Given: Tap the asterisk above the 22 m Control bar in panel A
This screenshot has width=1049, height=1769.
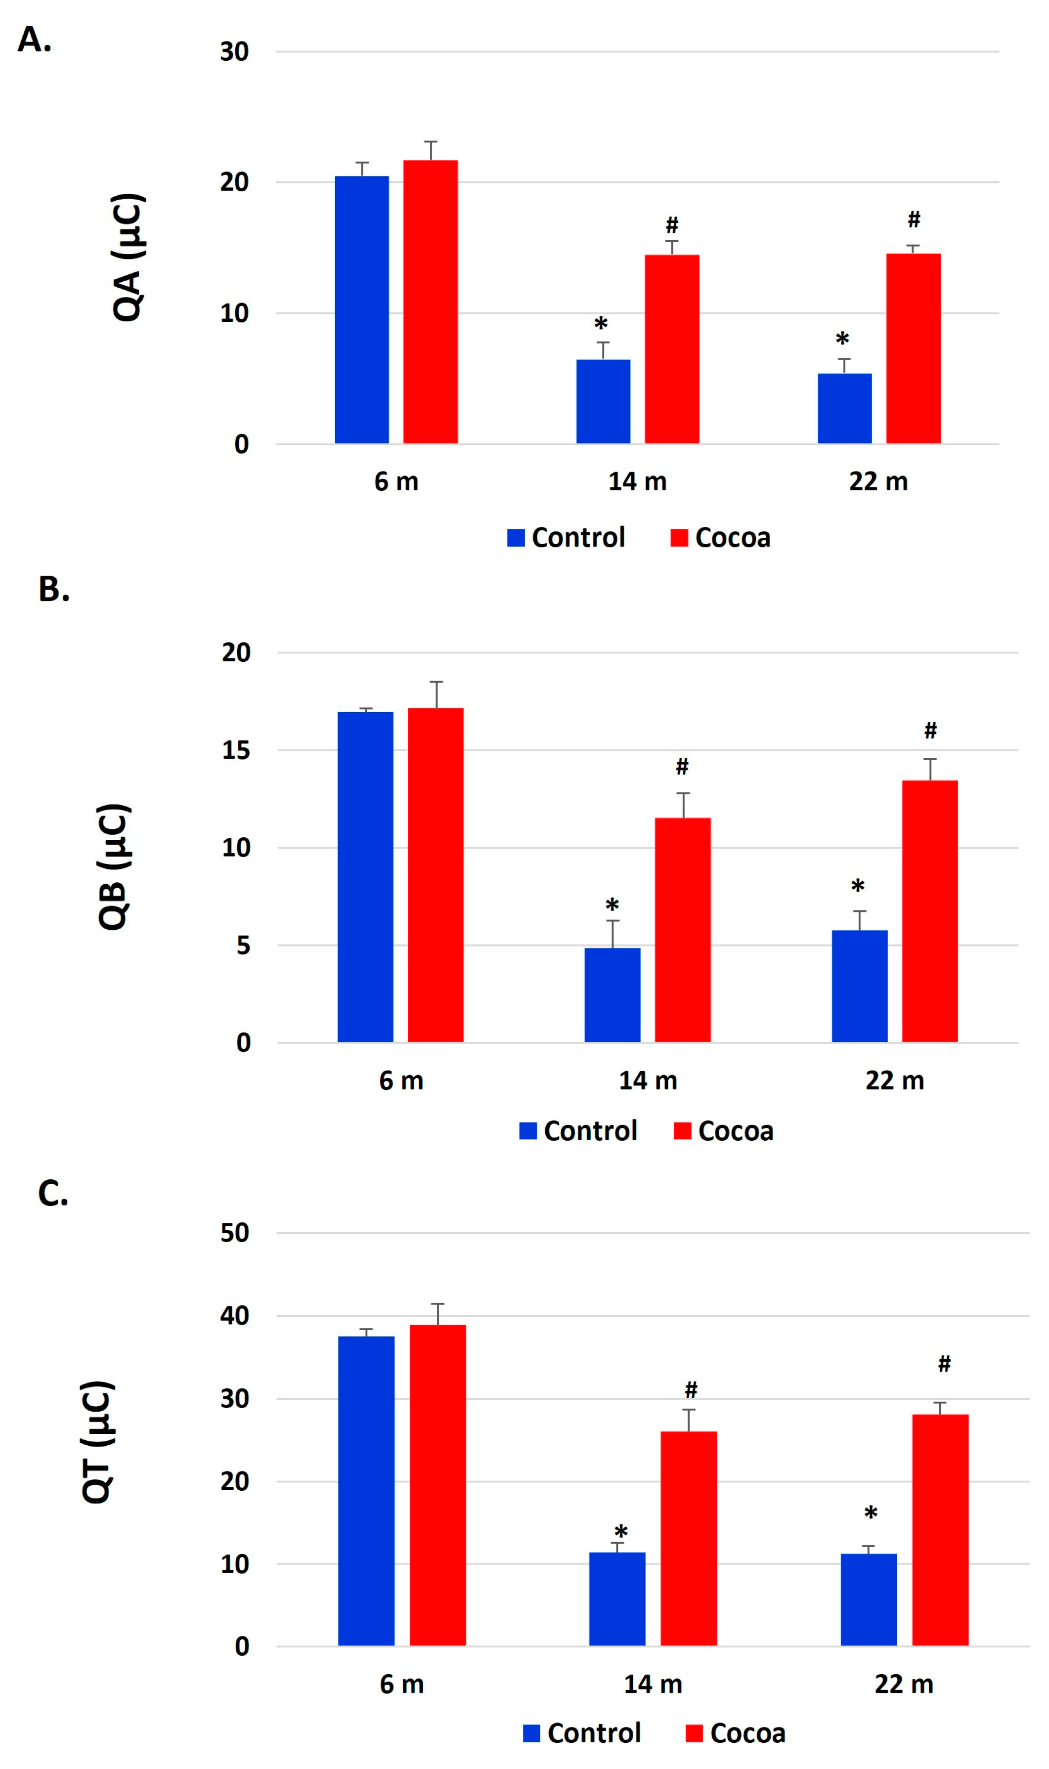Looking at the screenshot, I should tap(842, 339).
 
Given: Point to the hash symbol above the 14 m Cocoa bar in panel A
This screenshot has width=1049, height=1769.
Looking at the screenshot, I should tap(671, 225).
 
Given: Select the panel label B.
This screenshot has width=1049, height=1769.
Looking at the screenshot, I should tap(54, 589).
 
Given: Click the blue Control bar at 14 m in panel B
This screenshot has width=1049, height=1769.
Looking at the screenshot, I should tap(612, 994).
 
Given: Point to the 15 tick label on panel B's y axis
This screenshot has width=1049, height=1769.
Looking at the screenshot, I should tap(236, 751).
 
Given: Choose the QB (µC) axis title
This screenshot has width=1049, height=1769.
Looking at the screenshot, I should tap(114, 866).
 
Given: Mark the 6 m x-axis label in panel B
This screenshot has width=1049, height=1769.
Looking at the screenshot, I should tap(401, 1080).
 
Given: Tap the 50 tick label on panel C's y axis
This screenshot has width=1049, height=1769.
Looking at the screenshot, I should tap(235, 1233).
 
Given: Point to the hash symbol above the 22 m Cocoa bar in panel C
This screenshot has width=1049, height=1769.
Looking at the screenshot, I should tap(944, 1364).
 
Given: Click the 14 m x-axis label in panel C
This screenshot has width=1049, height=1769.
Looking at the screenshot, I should tap(653, 1684).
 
